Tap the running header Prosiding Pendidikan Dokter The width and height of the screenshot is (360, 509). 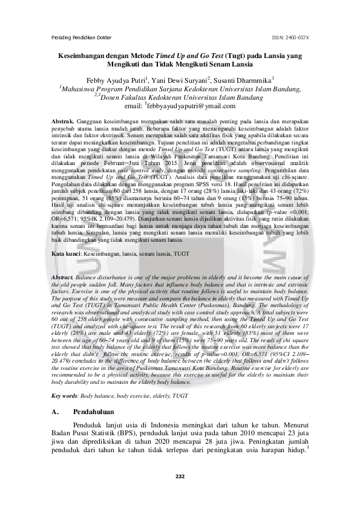tap(81, 38)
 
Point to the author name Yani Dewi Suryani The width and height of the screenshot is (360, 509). tap(179, 79)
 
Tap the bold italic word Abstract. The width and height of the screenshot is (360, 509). tap(62, 277)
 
